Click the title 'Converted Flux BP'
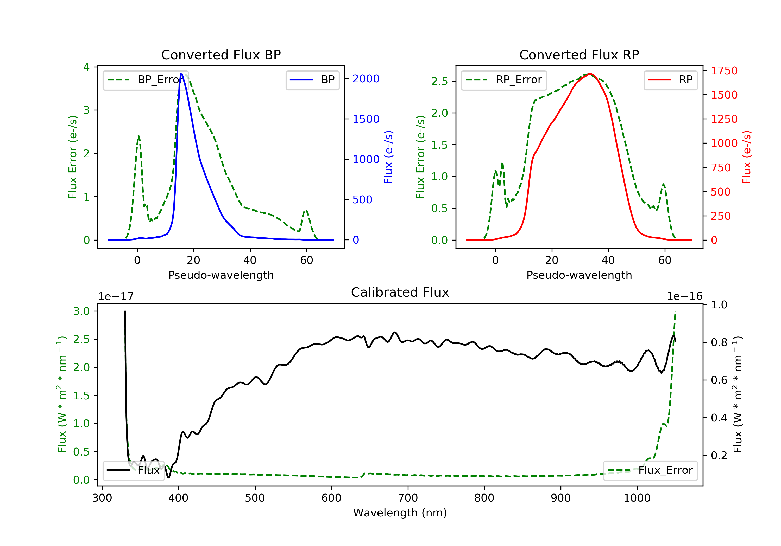point(221,55)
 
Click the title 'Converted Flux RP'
point(579,55)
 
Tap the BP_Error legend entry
point(146,80)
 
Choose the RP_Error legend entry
point(504,80)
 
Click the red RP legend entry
point(670,80)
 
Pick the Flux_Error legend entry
point(650,470)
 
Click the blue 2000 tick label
point(366,79)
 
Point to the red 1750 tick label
point(724,71)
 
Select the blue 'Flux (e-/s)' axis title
point(388,157)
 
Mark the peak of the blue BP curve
point(181,74)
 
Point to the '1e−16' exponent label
point(684,297)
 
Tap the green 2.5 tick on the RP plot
point(439,82)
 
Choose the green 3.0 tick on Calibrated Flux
point(81,311)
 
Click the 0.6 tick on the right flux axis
point(719,380)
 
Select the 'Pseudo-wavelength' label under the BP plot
point(221,275)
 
